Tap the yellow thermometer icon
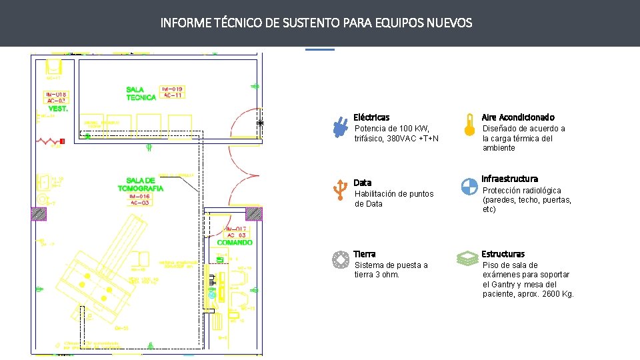pyautogui.click(x=471, y=124)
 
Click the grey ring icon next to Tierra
pyautogui.click(x=341, y=259)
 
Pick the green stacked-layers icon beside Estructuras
pyautogui.click(x=468, y=259)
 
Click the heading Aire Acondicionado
pyautogui.click(x=518, y=117)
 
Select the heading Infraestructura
pyautogui.click(x=509, y=179)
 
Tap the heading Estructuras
pyautogui.click(x=503, y=254)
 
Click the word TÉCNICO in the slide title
pyautogui.click(x=237, y=23)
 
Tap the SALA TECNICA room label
pyautogui.click(x=141, y=93)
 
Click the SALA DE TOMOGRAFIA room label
pyautogui.click(x=140, y=185)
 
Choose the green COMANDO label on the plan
pyautogui.click(x=235, y=243)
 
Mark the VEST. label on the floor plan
pyautogui.click(x=57, y=109)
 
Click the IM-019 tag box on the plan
pyautogui.click(x=173, y=89)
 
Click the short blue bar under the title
pyautogui.click(x=320, y=49)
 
